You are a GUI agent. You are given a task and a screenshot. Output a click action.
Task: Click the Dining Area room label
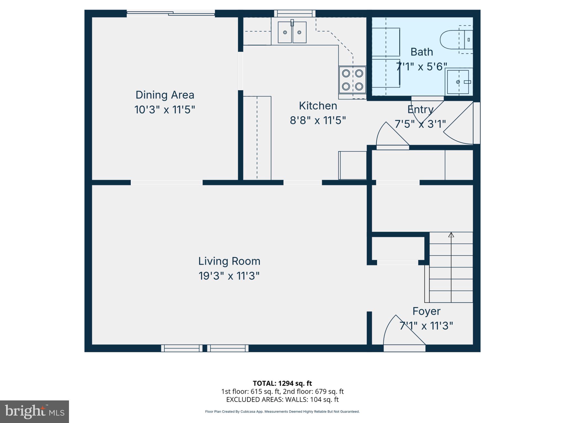tap(165, 95)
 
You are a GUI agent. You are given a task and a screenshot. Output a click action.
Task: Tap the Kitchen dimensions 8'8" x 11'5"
tap(318, 120)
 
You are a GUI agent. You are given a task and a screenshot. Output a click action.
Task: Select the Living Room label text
tap(229, 261)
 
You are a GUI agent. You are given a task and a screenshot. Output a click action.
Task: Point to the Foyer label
tap(426, 311)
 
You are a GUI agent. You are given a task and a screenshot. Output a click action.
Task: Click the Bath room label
tap(422, 52)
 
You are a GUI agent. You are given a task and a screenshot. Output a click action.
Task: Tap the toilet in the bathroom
tap(452, 40)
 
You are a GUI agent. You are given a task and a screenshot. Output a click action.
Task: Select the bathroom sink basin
tap(458, 82)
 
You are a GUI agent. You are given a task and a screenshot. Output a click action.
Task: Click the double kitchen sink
tap(292, 32)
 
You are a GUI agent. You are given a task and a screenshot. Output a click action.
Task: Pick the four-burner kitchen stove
tap(352, 80)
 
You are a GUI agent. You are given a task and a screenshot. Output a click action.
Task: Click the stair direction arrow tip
tap(451, 234)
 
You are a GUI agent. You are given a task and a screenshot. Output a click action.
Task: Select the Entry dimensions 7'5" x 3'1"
tap(420, 124)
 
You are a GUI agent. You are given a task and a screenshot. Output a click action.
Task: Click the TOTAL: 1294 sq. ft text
tap(282, 383)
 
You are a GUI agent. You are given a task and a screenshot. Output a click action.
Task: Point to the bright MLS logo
tap(34, 412)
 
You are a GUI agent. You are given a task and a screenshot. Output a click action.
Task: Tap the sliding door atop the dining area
tap(170, 13)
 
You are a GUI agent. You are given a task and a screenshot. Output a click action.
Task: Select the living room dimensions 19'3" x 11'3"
tap(229, 276)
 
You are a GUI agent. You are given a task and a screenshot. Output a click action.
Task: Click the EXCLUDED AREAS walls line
tap(282, 400)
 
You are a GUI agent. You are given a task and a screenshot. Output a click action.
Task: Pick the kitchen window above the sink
tap(295, 13)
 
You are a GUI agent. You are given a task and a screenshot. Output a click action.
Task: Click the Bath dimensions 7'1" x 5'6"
tap(421, 66)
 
